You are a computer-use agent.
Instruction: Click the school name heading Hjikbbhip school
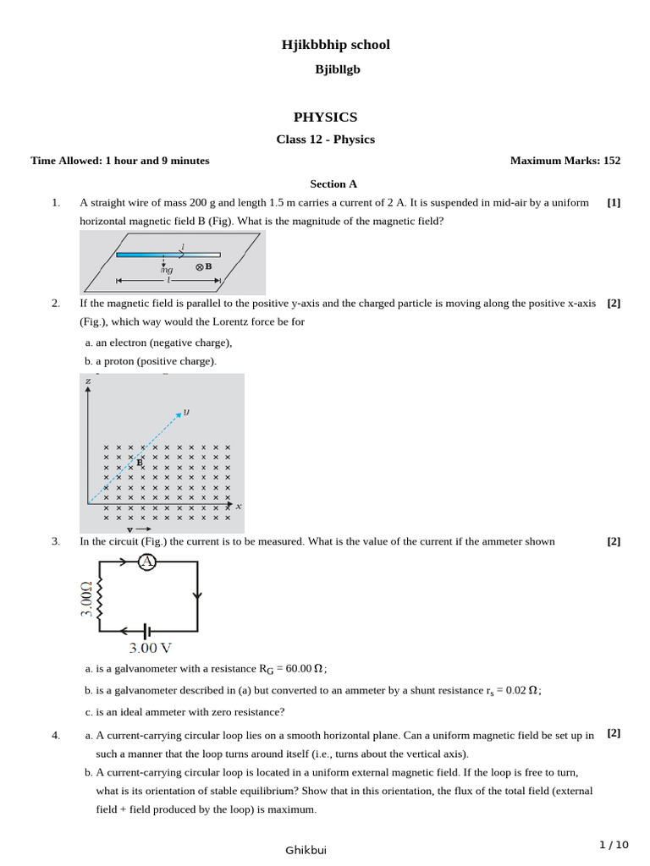pos(336,45)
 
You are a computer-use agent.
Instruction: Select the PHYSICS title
pos(325,117)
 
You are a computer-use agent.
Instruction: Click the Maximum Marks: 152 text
pos(565,161)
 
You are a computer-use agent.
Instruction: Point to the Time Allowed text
pos(120,161)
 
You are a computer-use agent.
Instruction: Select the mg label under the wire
pos(167,270)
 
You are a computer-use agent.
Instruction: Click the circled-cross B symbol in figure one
pos(200,266)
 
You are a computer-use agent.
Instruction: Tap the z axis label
pos(88,381)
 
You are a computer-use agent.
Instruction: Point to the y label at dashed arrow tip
pos(186,412)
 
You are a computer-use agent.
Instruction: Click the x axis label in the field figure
pos(239,506)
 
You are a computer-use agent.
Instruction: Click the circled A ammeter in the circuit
pos(146,562)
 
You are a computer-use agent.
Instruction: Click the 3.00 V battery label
pos(151,649)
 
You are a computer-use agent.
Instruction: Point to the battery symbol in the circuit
pos(147,630)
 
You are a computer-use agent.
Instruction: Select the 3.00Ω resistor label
pos(86,599)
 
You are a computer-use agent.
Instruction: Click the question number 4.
pos(56,736)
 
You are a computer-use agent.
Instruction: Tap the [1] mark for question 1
pos(614,203)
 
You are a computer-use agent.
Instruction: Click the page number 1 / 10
pos(614,844)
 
